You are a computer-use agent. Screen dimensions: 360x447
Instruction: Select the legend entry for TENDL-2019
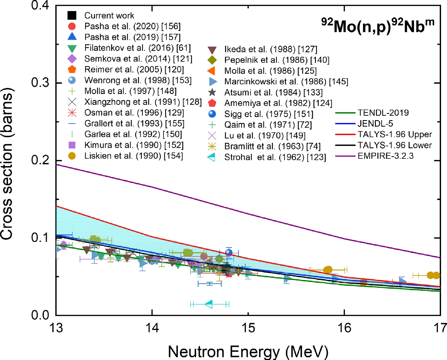pos(383,113)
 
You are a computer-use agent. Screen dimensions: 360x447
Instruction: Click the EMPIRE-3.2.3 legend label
pos(385,156)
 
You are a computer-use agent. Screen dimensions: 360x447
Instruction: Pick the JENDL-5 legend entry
pos(375,124)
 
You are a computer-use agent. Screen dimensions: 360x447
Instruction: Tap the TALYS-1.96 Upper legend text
pos(394,134)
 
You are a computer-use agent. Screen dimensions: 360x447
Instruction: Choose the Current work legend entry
pos(109,16)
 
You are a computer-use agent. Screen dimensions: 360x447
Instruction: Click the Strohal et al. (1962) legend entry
pos(275,157)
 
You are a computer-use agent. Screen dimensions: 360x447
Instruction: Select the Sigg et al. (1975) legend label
pos(268,114)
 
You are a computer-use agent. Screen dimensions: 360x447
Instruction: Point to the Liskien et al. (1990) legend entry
pos(133,156)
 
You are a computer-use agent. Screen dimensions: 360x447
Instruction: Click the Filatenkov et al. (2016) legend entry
pos(137,48)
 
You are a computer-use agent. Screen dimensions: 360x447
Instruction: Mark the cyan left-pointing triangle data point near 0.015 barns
pos(209,304)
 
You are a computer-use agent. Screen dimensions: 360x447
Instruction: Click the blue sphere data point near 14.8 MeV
pos(229,252)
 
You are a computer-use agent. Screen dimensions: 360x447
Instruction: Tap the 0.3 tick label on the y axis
pos(40,83)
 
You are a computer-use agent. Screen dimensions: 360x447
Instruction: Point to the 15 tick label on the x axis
pos(248,328)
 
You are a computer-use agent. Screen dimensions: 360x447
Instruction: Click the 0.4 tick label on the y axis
pos(40,5)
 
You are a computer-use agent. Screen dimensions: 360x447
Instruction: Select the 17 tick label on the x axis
pos(440,328)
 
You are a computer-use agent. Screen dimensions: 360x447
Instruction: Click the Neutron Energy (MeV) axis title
pos(248,351)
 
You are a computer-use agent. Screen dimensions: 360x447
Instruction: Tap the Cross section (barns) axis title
pos(7,164)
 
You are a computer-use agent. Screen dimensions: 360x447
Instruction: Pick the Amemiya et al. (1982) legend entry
pos(278,103)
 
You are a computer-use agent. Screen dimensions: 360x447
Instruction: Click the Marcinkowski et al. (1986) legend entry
pos(286,82)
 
